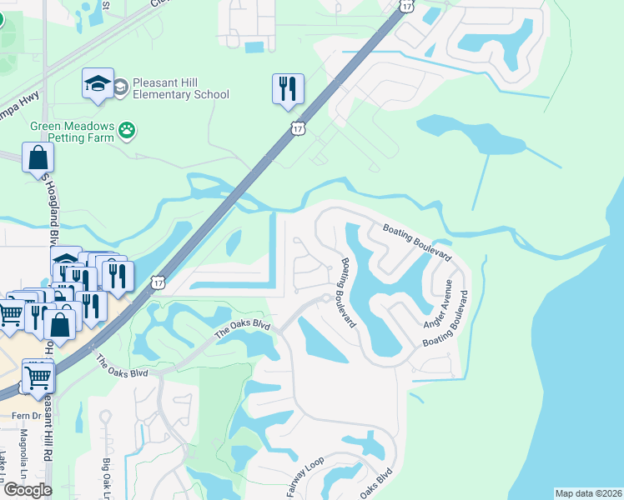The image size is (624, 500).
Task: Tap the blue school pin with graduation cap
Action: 98,84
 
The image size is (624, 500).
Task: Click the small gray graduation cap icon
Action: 121,85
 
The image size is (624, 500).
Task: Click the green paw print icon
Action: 127,129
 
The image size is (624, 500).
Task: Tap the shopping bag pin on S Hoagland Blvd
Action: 38,158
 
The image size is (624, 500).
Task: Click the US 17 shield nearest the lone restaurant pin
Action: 298,128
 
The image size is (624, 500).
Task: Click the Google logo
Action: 28,490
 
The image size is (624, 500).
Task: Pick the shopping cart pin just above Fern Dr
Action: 38,377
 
